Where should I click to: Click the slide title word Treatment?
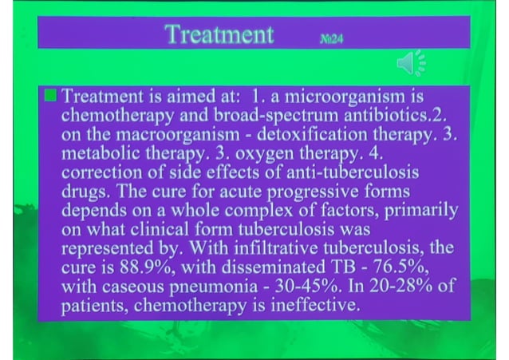[219, 34]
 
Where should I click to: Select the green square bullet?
[51, 97]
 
